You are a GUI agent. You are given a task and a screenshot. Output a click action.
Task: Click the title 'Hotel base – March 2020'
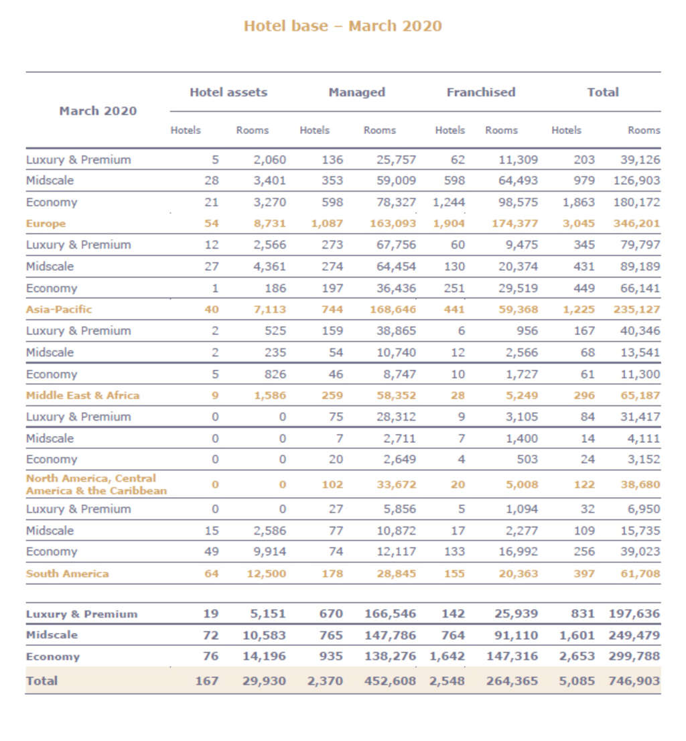pos(342,26)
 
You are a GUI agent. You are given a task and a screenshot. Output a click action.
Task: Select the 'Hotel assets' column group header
pos(228,92)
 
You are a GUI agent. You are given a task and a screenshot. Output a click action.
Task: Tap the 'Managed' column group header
pos(356,92)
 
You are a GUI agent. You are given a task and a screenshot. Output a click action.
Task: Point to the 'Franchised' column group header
pos(480,92)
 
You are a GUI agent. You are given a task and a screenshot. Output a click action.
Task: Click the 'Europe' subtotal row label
pos(46,224)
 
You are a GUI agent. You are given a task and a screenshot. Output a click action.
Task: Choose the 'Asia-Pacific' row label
pos(59,310)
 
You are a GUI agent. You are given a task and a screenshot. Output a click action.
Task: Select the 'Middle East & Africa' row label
pos(82,395)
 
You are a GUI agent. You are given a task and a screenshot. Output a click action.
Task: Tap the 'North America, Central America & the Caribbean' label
pos(96,484)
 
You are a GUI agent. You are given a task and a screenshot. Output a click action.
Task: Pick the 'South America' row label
pos(67,574)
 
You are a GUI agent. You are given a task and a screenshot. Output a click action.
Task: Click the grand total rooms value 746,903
pos(634,681)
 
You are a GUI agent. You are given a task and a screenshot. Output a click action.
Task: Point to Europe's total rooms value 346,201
pos(636,224)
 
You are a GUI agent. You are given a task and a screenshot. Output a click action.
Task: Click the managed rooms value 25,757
pos(395,159)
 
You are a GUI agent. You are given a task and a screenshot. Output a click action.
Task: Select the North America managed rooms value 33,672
pos(395,484)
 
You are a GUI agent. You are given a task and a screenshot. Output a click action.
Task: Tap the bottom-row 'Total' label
pos(42,681)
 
